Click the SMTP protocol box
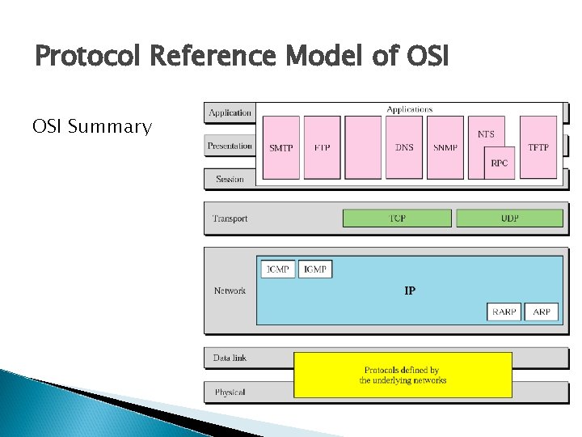281,147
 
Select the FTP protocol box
322,147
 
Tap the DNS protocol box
404,147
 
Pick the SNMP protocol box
445,147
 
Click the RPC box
500,163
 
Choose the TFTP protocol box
538,147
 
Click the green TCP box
397,218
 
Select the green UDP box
509,218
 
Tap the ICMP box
277,269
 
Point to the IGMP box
315,269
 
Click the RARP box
504,312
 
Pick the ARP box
542,312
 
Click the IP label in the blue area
410,290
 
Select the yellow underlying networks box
403,375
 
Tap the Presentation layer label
230,146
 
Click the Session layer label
230,179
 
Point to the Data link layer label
230,357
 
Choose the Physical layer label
230,392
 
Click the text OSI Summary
91,127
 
